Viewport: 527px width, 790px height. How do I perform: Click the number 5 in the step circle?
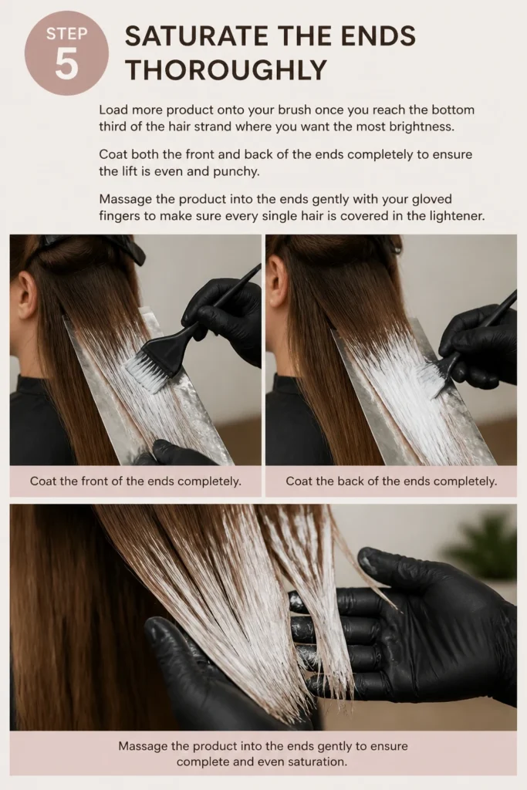pyautogui.click(x=66, y=65)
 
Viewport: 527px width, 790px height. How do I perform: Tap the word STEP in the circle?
pyautogui.click(x=66, y=34)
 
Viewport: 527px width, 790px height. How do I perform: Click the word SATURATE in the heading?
pyautogui.click(x=197, y=36)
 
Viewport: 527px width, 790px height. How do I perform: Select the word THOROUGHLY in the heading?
pyautogui.click(x=226, y=69)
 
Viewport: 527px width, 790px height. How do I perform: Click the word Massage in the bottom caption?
pyautogui.click(x=143, y=746)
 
